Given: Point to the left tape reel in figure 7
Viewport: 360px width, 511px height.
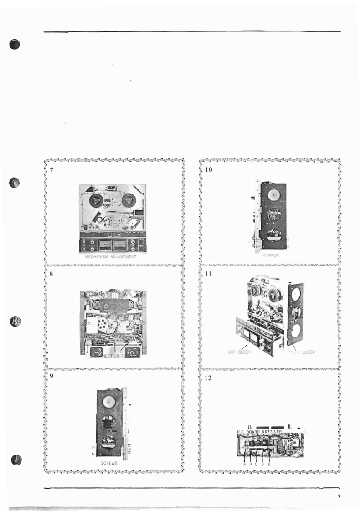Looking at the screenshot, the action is tap(97, 199).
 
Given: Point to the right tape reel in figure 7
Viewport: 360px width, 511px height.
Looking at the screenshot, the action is tap(129, 199).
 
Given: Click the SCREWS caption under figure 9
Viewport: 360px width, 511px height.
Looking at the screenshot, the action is tap(109, 463).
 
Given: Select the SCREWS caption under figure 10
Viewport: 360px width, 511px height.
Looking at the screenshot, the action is tap(271, 256).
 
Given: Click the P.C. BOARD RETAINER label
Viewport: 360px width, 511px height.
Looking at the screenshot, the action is tap(259, 431).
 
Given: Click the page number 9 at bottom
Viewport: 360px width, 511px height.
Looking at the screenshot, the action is tap(339, 496).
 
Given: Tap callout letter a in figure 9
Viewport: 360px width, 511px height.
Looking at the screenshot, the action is tap(92, 447).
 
